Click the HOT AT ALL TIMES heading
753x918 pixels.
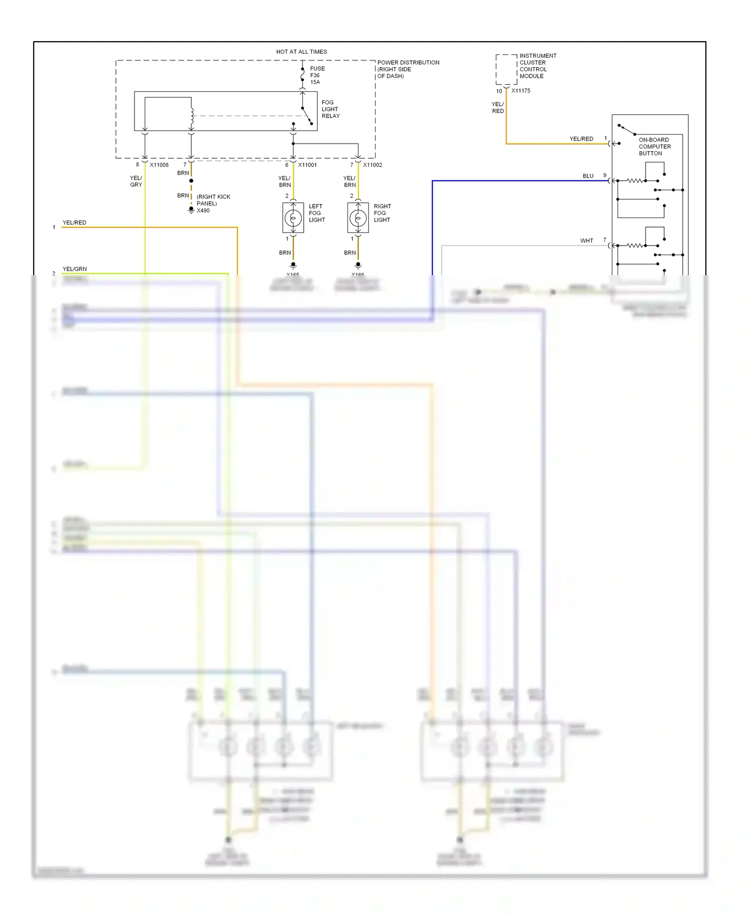coord(301,52)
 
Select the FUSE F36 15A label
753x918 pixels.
coord(317,75)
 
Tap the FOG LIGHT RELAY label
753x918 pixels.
coord(330,109)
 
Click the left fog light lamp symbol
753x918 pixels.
coord(293,218)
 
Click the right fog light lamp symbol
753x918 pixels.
coord(358,218)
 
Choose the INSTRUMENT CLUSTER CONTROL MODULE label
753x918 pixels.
coord(538,66)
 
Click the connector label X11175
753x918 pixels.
coord(521,91)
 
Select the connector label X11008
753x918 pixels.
coord(159,165)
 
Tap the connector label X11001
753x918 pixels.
coord(307,165)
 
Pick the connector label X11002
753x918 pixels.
coord(372,165)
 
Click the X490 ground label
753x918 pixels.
coord(203,210)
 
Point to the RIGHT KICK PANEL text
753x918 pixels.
coord(213,200)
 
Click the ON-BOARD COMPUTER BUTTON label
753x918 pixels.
coord(654,147)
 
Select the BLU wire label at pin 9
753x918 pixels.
coord(588,176)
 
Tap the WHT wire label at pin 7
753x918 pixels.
coord(586,241)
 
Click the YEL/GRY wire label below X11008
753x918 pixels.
coord(136,181)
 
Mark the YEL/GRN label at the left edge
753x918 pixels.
coord(74,269)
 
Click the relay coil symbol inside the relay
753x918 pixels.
coord(192,117)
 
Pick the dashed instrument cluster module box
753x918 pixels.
coord(506,69)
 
